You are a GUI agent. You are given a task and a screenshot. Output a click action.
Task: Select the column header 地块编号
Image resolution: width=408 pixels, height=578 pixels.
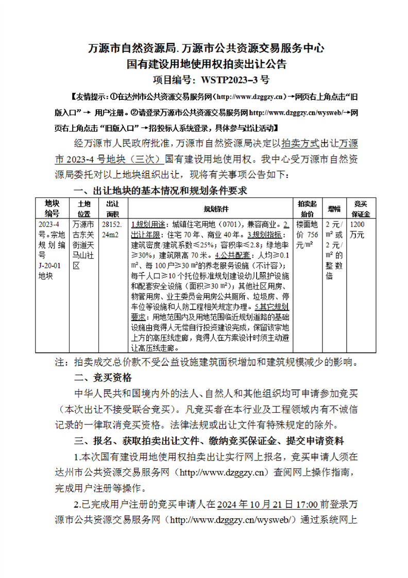(52, 208)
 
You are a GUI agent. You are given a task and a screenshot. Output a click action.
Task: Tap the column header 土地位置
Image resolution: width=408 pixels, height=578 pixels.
(83, 208)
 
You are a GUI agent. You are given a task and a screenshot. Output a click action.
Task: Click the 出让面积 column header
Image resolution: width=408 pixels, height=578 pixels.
(112, 208)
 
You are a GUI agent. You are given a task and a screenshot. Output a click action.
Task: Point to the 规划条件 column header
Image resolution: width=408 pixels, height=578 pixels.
(209, 209)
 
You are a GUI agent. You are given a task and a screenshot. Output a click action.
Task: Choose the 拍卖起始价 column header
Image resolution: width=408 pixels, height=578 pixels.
(307, 208)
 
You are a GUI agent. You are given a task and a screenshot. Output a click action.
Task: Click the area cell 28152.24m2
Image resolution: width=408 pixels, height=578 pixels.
(112, 230)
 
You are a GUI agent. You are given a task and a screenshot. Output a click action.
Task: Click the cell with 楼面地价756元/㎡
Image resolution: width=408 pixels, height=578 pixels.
(307, 235)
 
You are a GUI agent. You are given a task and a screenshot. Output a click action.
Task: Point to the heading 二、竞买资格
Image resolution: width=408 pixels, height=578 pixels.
(103, 378)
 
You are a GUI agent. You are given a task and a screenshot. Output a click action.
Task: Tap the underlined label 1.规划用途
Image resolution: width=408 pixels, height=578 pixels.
(149, 225)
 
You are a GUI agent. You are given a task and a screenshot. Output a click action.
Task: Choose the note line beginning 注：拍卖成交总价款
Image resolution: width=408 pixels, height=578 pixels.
(206, 362)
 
